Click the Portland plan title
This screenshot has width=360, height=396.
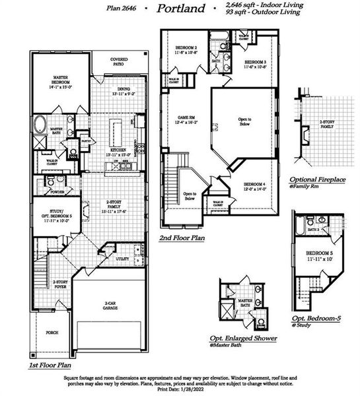coord(181,9)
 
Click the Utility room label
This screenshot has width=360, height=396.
coord(122,259)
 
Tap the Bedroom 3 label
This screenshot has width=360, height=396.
coord(254,64)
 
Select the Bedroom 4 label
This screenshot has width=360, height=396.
coord(254,186)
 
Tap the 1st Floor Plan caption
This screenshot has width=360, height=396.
coord(51,364)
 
